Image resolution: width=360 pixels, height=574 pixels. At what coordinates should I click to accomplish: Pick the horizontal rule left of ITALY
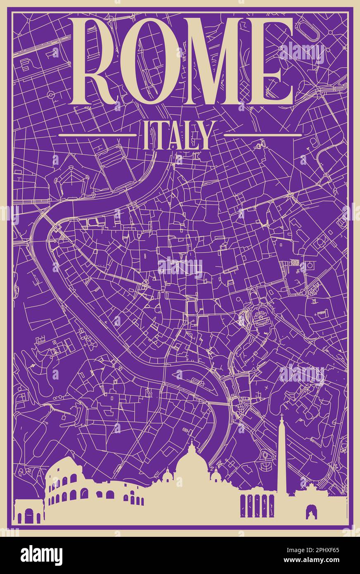pyautogui.click(x=97, y=135)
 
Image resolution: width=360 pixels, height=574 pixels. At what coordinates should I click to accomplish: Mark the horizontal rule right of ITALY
pyautogui.click(x=262, y=135)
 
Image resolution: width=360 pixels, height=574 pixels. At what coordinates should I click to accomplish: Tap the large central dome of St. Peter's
pyautogui.click(x=192, y=460)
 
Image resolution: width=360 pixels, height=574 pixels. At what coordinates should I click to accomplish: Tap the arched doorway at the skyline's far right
pyautogui.click(x=310, y=512)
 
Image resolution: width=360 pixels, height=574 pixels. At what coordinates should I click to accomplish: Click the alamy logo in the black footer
pyautogui.click(x=41, y=555)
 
